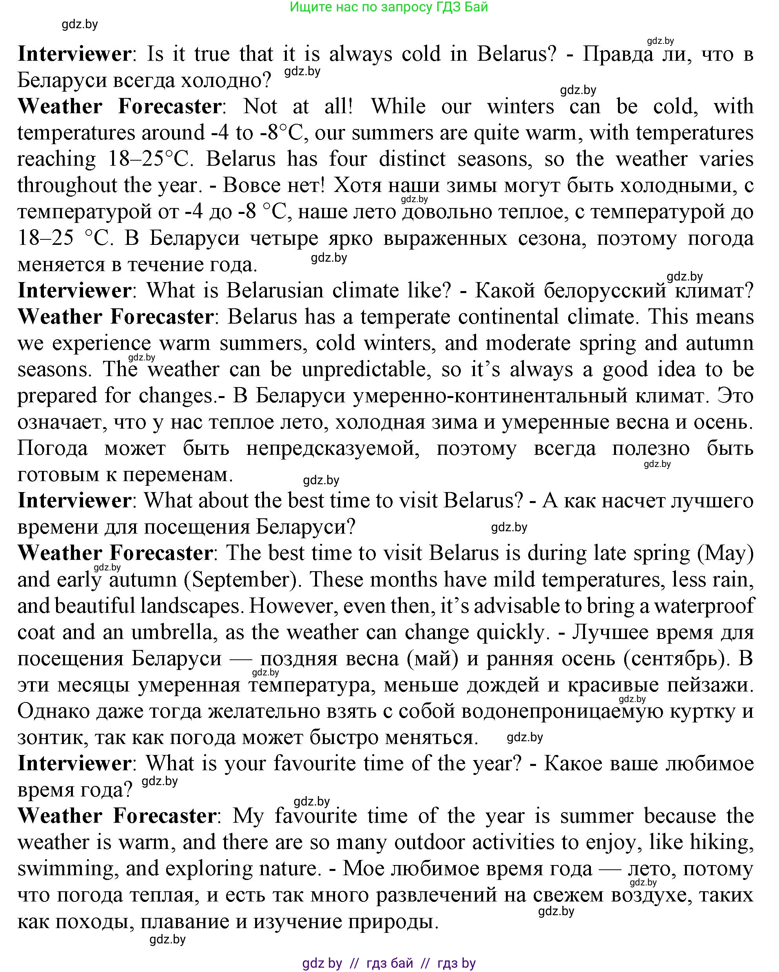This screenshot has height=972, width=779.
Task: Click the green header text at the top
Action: (389, 7)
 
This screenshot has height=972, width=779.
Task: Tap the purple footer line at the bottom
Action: (389, 962)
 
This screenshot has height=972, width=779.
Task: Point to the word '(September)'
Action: (242, 579)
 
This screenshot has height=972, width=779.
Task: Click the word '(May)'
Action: (725, 553)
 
